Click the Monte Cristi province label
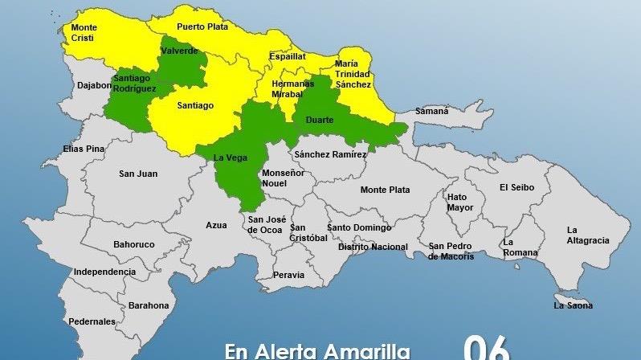(x=84, y=33)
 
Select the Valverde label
(x=180, y=51)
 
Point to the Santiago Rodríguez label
(x=135, y=84)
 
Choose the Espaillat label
(x=288, y=57)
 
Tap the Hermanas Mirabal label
(x=292, y=88)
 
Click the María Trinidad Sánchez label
(x=353, y=74)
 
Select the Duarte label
(x=320, y=120)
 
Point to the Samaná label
(x=431, y=112)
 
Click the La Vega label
(x=231, y=158)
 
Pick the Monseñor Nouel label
(x=284, y=178)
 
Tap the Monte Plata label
(x=386, y=190)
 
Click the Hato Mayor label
(x=460, y=202)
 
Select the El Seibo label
(x=515, y=187)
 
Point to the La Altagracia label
(x=587, y=235)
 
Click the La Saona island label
(x=573, y=305)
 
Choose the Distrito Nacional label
(x=373, y=247)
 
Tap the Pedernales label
(x=92, y=321)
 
